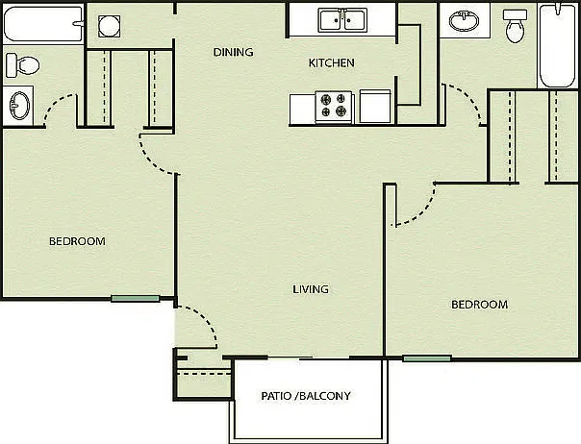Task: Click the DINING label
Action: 234,52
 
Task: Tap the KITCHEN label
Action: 332,63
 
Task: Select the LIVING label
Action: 311,289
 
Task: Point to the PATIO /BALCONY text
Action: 306,396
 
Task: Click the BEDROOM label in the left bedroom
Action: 78,241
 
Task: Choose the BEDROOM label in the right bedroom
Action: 479,305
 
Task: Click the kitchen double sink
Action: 342,20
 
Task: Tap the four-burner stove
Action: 334,107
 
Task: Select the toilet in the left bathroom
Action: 22,65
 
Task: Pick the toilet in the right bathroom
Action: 515,26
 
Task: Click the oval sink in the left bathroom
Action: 19,106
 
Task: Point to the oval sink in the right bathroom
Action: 464,21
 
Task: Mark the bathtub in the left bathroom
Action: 43,24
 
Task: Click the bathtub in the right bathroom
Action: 558,45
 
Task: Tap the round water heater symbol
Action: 109,26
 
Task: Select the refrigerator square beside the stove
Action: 375,107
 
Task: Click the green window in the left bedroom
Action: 136,299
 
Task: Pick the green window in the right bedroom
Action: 427,358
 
